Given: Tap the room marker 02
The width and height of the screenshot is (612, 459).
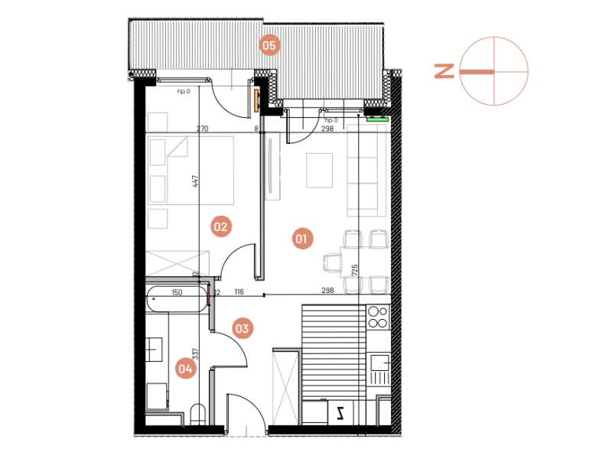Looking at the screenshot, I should [221, 226].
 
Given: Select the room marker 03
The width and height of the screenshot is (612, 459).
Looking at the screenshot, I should [242, 330].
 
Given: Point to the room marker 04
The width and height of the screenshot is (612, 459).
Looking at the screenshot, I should [185, 369].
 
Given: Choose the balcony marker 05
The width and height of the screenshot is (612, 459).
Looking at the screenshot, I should [269, 45].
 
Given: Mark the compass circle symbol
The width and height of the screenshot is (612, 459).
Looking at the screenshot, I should [494, 71].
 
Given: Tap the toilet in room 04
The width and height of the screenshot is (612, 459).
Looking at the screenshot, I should [199, 415].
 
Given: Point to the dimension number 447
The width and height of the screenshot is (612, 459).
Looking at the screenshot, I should [196, 182].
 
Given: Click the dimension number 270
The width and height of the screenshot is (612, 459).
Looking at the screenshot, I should [202, 129].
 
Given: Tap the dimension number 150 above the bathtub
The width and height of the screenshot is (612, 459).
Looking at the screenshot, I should [177, 293].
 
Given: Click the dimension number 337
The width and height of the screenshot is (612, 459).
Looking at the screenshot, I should [196, 353].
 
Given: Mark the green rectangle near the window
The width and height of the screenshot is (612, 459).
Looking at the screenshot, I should [377, 119].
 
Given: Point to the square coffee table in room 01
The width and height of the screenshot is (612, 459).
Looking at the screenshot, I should [319, 170].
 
